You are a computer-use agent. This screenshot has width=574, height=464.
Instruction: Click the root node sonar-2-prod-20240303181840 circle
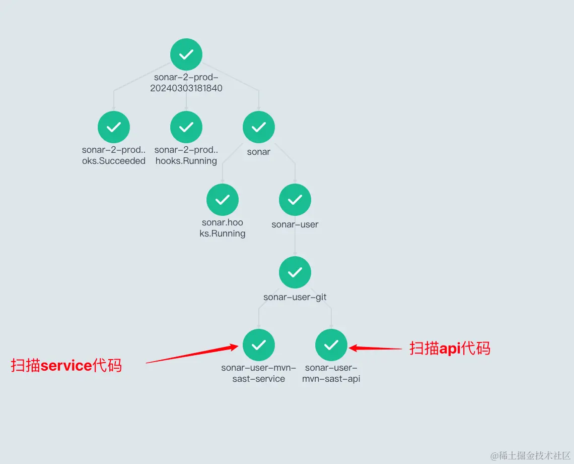[x=186, y=54]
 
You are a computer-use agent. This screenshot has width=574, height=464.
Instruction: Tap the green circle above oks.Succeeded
[x=114, y=127]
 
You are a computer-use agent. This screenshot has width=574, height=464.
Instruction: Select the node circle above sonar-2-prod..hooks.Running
[x=186, y=127]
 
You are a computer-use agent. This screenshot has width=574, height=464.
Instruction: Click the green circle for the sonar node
[x=259, y=127]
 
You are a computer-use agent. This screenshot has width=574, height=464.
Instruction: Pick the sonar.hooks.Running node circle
[x=223, y=200]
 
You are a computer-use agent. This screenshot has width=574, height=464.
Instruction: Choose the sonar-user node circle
[x=295, y=200]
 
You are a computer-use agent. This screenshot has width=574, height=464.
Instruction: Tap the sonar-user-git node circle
[x=295, y=272]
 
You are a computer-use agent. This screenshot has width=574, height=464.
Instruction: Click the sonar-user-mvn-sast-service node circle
[x=259, y=345]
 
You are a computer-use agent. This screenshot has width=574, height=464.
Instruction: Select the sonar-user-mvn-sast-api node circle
[x=331, y=345]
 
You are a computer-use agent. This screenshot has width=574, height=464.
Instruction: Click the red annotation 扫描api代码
[x=450, y=349]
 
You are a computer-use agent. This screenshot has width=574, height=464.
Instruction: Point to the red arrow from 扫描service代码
[x=191, y=354]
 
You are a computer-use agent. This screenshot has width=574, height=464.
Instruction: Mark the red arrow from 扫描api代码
[x=375, y=348]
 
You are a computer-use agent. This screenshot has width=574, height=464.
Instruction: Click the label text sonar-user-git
[x=295, y=297]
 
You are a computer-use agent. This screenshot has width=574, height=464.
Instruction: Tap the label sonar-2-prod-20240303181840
[x=186, y=83]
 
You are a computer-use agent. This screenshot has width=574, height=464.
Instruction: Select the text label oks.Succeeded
[x=114, y=161]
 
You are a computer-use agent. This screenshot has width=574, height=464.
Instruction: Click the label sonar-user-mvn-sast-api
[x=331, y=373]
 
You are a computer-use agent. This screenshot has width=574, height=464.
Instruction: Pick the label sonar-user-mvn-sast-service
[x=259, y=373]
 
